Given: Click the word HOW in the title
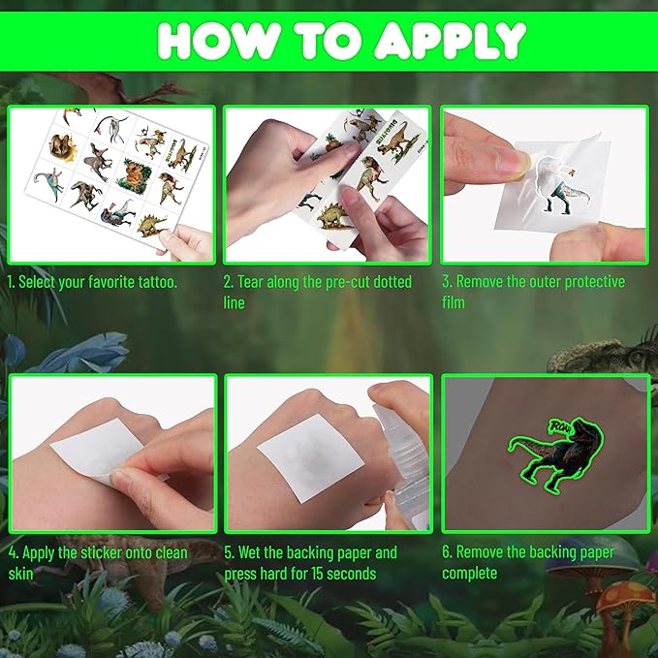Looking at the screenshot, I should (x=206, y=41).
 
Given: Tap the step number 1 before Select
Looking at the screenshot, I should (x=11, y=282).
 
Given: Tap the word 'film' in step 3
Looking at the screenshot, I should (x=454, y=302).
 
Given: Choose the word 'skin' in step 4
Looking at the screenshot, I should (x=20, y=573).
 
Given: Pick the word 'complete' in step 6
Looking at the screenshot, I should (x=470, y=573).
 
